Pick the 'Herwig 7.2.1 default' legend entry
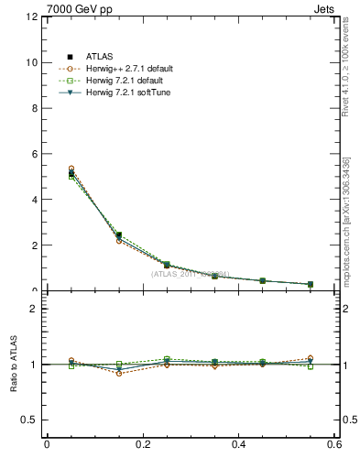point(123,80)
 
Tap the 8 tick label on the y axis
point(32,108)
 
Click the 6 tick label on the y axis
point(32,154)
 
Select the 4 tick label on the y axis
point(32,200)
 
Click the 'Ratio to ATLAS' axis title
point(13,365)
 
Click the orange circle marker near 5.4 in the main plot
point(71,169)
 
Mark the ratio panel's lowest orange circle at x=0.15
point(119,373)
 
